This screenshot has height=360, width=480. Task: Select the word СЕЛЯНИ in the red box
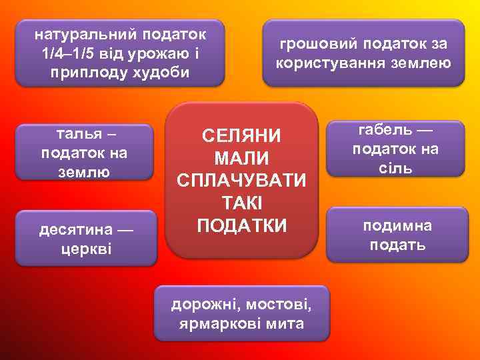point(241,136)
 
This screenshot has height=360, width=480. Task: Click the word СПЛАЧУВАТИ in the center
point(241,181)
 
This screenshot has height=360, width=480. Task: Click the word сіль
point(396,167)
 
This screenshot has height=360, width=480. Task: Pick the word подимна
point(397,225)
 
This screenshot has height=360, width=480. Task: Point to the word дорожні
point(206,305)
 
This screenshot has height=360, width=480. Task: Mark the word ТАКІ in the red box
point(241,203)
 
